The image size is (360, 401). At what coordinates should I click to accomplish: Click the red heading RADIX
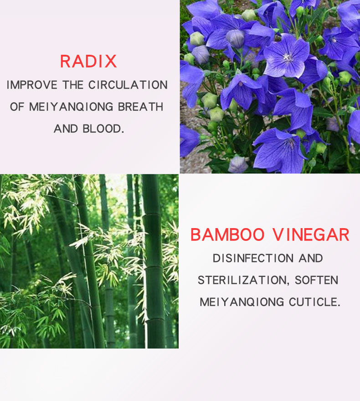tap(88, 61)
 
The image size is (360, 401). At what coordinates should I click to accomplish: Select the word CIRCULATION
tap(128, 85)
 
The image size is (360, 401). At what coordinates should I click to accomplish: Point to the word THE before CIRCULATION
tap(73, 85)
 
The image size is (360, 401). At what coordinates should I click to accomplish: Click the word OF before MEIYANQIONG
tap(17, 107)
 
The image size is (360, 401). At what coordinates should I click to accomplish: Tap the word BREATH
tap(140, 107)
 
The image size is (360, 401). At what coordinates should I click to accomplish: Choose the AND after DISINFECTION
tap(311, 258)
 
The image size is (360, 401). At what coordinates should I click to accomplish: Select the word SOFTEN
tap(317, 280)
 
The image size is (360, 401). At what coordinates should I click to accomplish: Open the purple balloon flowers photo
tap(270, 87)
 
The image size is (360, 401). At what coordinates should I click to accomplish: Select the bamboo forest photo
tap(89, 261)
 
